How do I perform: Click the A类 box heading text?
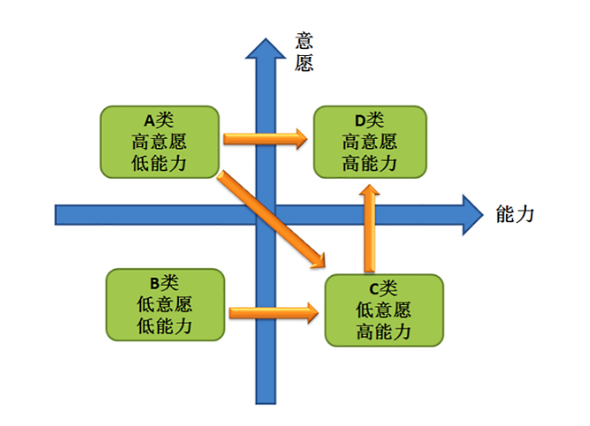click(x=159, y=121)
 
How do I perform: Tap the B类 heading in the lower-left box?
click(x=164, y=283)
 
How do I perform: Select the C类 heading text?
click(x=383, y=289)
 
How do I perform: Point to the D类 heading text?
click(x=370, y=121)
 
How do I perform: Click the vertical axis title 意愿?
click(x=304, y=51)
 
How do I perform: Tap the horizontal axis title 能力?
click(x=515, y=215)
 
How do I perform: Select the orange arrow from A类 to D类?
click(x=266, y=139)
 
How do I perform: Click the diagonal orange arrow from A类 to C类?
click(x=271, y=220)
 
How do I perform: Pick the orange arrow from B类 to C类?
click(x=274, y=313)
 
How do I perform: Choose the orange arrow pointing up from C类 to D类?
click(x=370, y=228)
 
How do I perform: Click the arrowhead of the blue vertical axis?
click(x=266, y=49)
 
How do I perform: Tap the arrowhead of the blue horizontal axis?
click(x=473, y=215)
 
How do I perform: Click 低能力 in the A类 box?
click(x=159, y=164)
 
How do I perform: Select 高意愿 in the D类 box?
click(x=370, y=142)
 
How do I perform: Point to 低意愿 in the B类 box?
click(x=164, y=304)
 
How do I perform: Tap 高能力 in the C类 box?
click(x=383, y=332)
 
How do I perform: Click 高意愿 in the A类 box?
click(x=159, y=142)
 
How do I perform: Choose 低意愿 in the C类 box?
click(x=383, y=310)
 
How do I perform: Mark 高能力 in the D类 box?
click(x=370, y=164)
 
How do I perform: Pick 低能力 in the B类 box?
click(x=164, y=327)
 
